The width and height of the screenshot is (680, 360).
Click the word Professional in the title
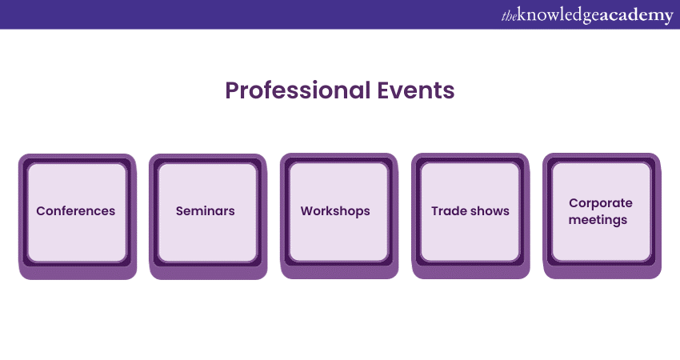tap(298, 90)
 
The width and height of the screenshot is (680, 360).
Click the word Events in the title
tap(416, 90)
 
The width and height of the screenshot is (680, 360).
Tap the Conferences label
tap(76, 210)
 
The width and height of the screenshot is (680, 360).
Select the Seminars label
tap(205, 210)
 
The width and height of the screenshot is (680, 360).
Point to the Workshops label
tap(335, 211)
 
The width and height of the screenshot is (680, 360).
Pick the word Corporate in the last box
tap(601, 203)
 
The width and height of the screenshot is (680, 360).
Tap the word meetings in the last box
tap(598, 220)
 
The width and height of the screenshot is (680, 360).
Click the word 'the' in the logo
tap(509, 17)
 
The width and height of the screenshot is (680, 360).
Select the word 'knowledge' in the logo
tap(559, 16)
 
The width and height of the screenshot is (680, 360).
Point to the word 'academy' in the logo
tap(637, 16)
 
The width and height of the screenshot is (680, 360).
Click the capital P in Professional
tap(232, 90)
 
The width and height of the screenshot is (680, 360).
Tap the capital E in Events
tap(382, 90)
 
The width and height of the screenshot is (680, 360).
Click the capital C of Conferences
tap(41, 210)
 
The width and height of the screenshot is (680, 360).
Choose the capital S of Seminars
tap(179, 210)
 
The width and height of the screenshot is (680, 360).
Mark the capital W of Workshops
tap(307, 210)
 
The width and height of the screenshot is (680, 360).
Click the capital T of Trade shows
tap(435, 210)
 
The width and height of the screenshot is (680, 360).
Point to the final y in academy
tap(668, 18)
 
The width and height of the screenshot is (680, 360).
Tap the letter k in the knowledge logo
tap(522, 14)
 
